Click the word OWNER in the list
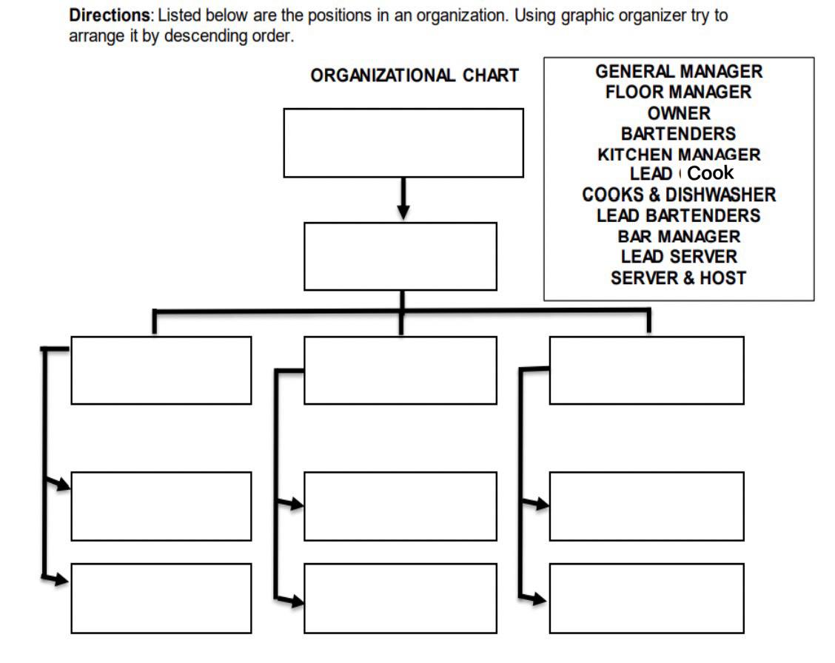coord(679,113)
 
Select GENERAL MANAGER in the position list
coord(679,72)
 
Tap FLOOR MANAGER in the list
coord(679,92)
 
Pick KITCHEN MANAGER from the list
coord(679,155)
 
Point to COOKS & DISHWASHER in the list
coord(679,195)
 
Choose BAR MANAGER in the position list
coord(679,237)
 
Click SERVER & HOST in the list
coord(679,278)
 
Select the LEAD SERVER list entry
coord(679,258)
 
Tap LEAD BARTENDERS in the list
coord(679,216)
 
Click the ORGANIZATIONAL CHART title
coord(415,76)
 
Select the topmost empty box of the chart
coord(403,143)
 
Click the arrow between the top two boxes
coord(403,199)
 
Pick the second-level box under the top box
coord(400,256)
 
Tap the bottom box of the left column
coord(161,598)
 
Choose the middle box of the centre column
coord(400,506)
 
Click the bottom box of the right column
coord(646,598)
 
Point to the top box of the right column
coord(646,370)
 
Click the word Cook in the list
coord(711,173)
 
